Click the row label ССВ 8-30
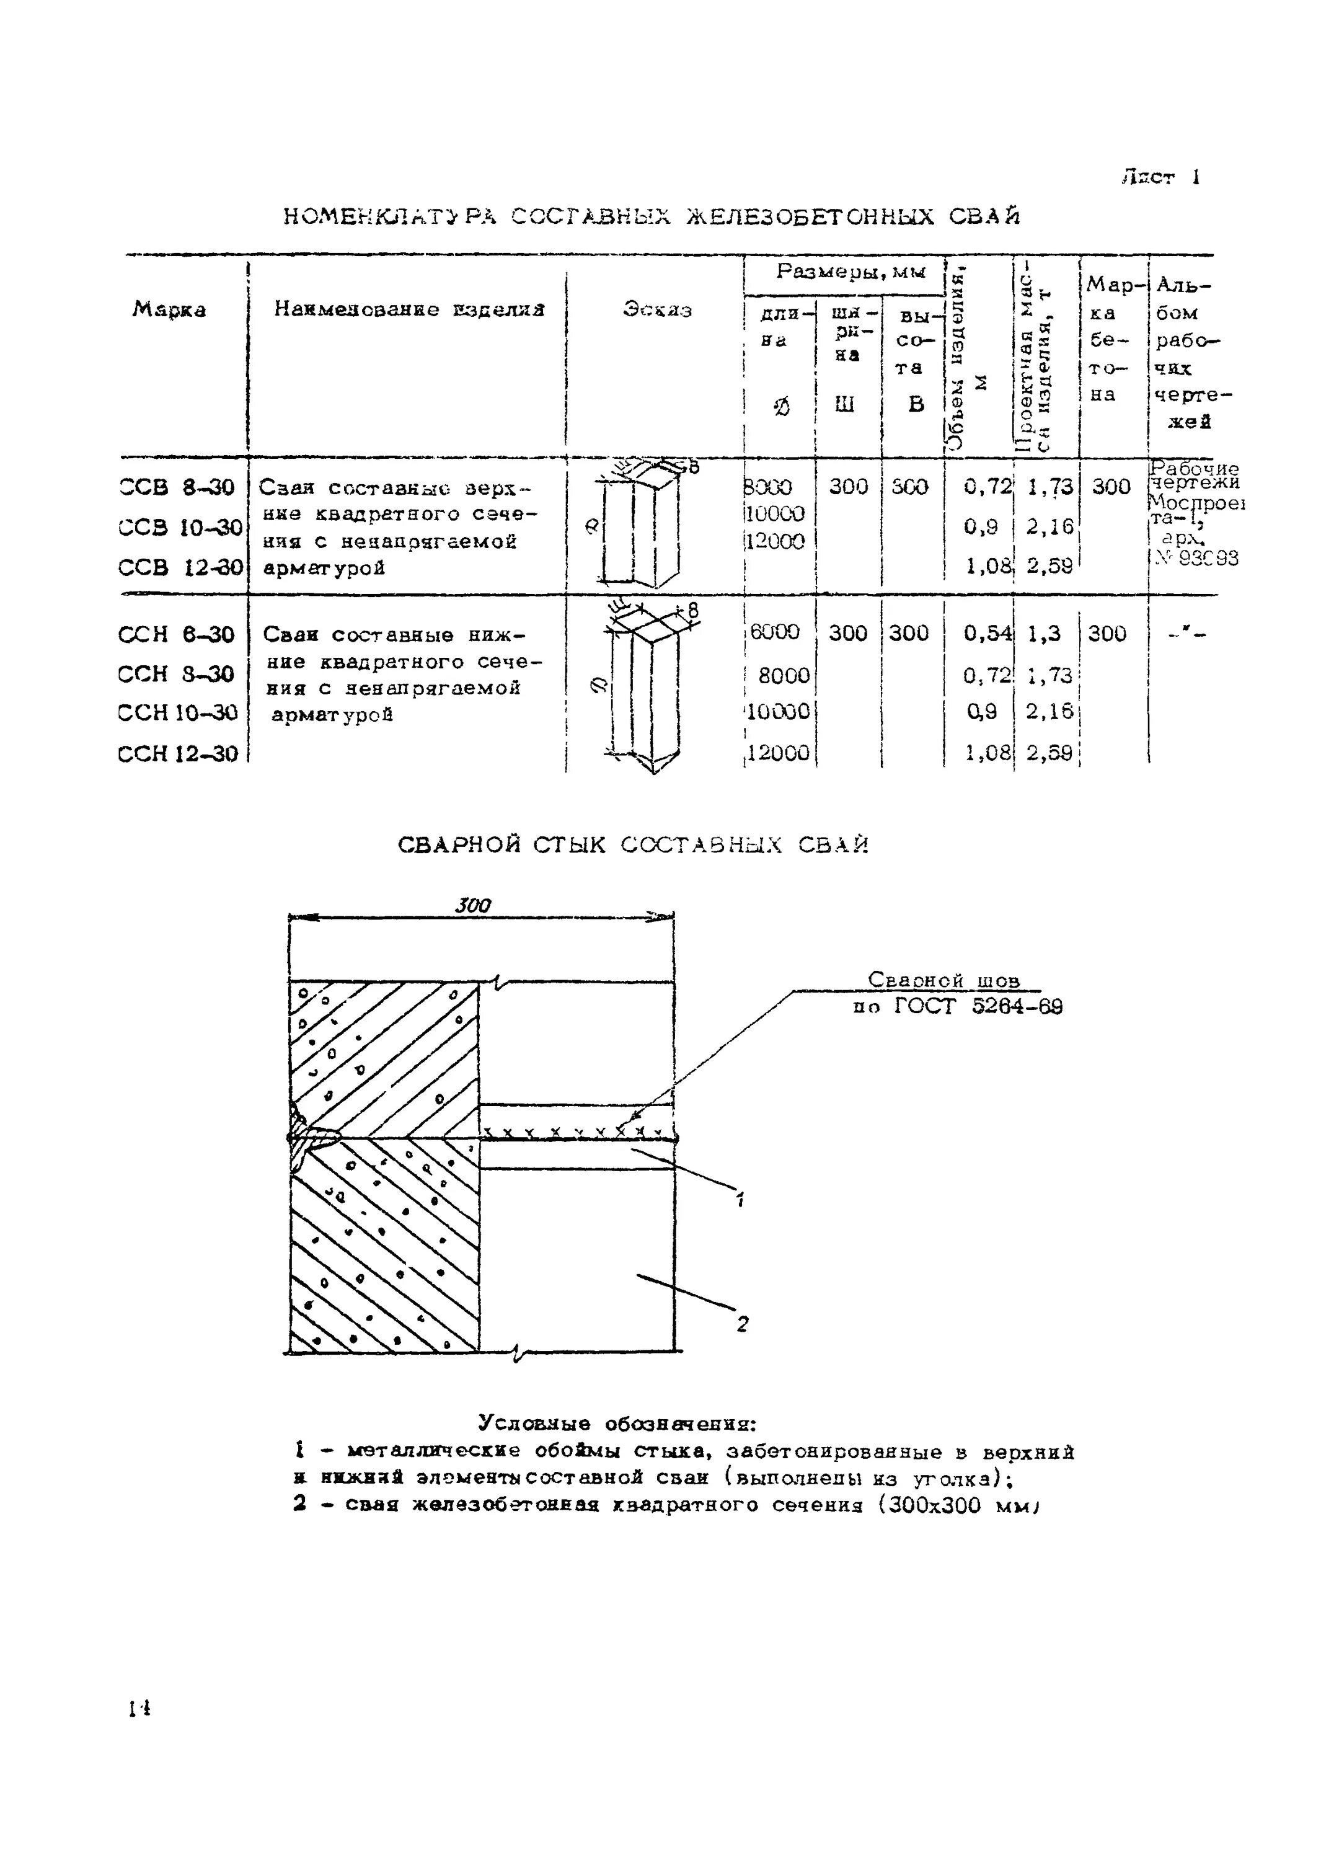[177, 487]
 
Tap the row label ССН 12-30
[178, 753]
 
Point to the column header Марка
[169, 310]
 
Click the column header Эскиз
[657, 310]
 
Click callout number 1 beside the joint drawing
[740, 1198]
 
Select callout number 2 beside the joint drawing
[742, 1324]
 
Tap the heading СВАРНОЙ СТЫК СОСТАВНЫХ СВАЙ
[634, 846]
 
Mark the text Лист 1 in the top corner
[1160, 177]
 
